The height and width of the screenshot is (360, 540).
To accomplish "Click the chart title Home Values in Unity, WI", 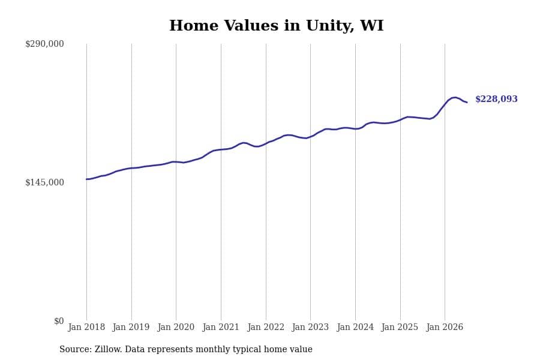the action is coord(276,26).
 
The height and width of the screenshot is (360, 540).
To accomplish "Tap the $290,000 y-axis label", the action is coord(44,44).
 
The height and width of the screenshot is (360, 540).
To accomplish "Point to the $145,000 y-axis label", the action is coord(44,182).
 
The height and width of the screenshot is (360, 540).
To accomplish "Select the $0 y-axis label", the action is coord(59,321).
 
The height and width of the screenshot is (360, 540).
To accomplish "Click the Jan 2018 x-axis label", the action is coord(86,327).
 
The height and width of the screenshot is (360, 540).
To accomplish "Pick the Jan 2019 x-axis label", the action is coord(131,327).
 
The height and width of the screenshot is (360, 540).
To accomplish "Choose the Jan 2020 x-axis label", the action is coord(176,327).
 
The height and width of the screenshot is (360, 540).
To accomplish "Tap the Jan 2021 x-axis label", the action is coord(221,327).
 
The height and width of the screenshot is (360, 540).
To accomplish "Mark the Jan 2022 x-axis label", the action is coord(266,327).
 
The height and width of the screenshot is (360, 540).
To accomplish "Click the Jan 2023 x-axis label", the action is coord(310,327).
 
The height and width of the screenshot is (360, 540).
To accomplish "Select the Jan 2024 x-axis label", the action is coord(355,327).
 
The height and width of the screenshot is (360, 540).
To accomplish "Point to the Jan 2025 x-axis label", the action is coord(400,327).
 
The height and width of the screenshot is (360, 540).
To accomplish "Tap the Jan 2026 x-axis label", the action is coord(445,327).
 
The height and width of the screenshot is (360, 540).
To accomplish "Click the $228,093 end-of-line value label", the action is coord(496,99).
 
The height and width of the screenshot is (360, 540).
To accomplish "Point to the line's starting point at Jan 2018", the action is coord(86,179).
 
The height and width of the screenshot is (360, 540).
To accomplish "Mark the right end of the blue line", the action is coord(467,102).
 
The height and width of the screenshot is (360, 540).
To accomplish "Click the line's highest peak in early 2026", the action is coord(455,97).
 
